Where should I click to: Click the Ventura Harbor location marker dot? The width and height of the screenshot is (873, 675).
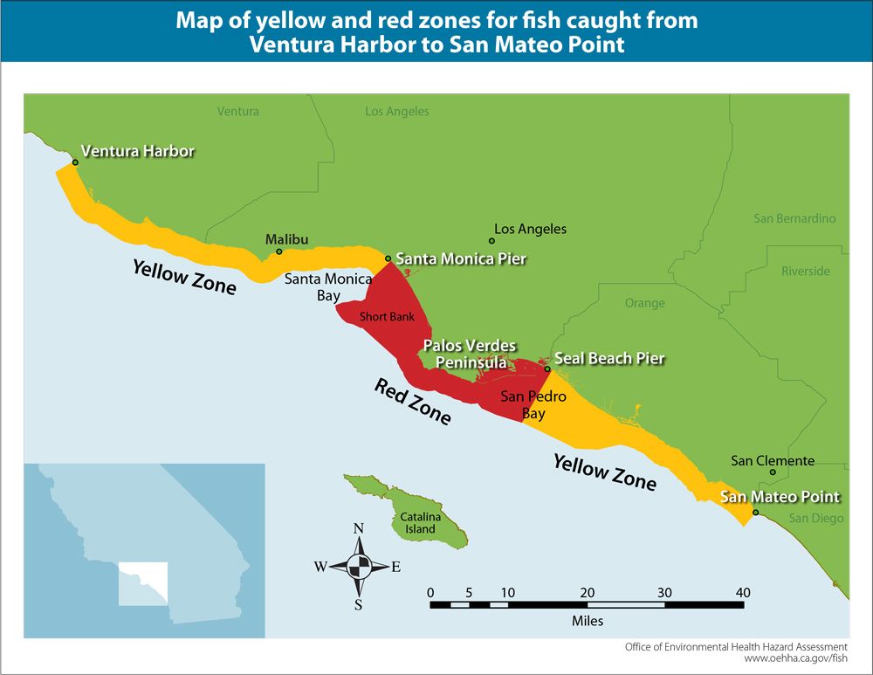click(75, 162)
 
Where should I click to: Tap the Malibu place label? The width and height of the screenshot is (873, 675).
click(286, 239)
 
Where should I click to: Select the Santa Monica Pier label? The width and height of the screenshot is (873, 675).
click(461, 259)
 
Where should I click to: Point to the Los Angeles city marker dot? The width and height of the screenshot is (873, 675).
click(491, 241)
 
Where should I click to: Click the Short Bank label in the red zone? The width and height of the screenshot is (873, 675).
click(387, 317)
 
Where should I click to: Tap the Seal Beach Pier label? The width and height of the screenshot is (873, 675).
click(609, 358)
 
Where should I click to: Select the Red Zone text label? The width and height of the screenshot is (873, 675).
click(412, 402)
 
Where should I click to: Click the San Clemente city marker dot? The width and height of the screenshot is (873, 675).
click(773, 473)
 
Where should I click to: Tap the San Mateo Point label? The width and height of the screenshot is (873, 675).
click(780, 497)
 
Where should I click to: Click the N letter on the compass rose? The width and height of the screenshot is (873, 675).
click(358, 529)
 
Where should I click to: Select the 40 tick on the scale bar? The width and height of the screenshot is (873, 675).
click(743, 593)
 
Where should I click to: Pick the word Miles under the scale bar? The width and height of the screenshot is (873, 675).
click(588, 622)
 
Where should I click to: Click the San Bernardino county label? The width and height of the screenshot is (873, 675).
click(794, 218)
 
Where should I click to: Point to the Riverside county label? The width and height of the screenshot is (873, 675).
click(805, 271)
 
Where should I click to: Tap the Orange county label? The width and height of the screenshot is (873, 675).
click(645, 303)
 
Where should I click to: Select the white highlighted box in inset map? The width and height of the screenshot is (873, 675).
click(141, 583)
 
